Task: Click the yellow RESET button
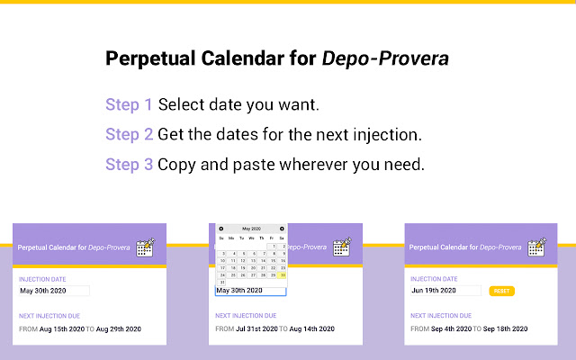tap(501, 292)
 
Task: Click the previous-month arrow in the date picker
tap(221, 229)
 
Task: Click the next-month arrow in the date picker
tap(282, 229)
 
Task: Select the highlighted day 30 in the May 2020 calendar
tap(282, 275)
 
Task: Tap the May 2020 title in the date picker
tap(251, 229)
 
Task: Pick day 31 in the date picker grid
tap(221, 283)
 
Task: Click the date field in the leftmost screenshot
tap(54, 291)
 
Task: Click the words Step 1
tap(129, 104)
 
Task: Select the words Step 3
tap(129, 165)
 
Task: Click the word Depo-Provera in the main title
tap(386, 59)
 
